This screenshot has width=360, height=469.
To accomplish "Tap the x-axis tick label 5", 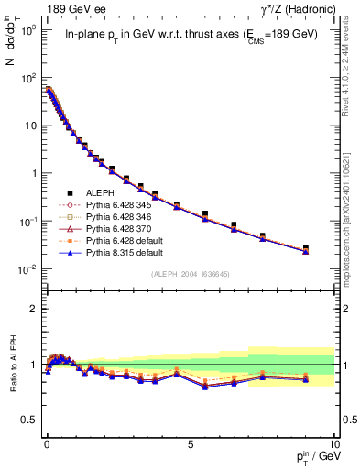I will coord(190,443).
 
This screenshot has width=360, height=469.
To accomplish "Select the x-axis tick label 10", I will coord(333,443).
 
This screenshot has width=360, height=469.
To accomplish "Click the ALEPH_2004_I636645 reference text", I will coord(190,273).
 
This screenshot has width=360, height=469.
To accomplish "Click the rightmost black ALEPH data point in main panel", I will coord(306,247).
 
